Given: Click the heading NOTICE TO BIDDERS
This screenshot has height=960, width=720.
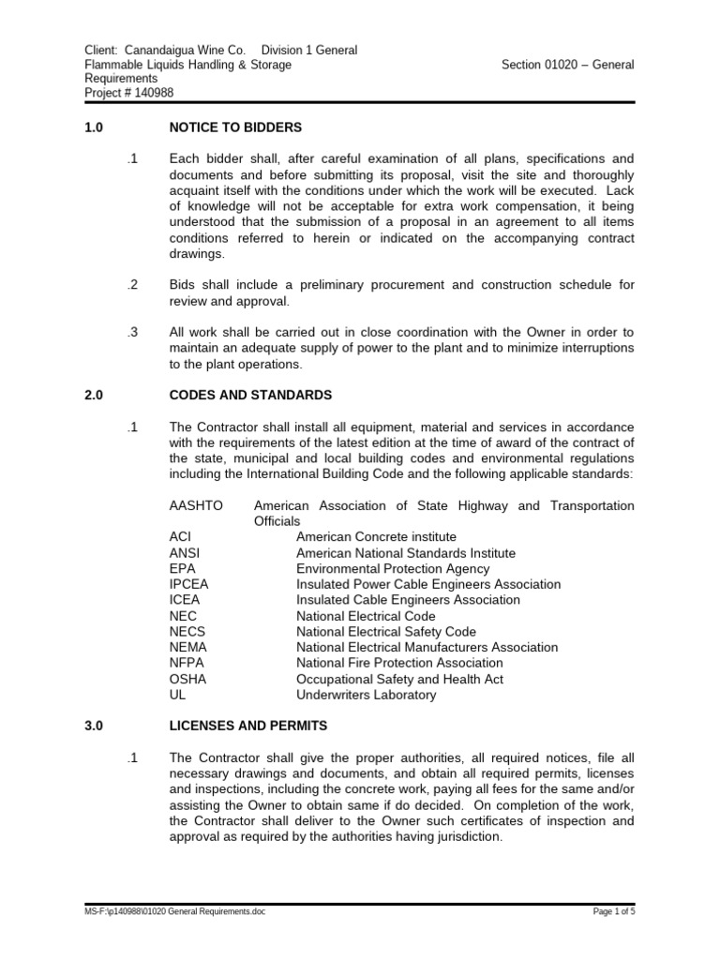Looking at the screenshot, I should pyautogui.click(x=235, y=127).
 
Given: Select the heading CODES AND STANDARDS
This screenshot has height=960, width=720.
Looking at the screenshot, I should pyautogui.click(x=250, y=396).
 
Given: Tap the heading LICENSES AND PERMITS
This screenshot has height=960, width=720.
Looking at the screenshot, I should pyautogui.click(x=249, y=727).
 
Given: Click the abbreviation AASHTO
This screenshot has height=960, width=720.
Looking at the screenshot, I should pyautogui.click(x=196, y=505).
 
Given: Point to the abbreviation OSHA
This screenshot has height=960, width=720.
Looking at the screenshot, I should pyautogui.click(x=187, y=679).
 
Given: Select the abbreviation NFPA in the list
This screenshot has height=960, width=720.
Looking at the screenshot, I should pyautogui.click(x=187, y=663).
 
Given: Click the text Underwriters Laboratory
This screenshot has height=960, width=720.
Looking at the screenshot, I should pyautogui.click(x=366, y=695).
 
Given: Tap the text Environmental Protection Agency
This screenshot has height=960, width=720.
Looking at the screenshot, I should pyautogui.click(x=393, y=568).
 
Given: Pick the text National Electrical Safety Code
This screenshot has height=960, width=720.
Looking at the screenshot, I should pyautogui.click(x=386, y=632).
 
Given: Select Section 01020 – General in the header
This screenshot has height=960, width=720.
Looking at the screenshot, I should pyautogui.click(x=568, y=65).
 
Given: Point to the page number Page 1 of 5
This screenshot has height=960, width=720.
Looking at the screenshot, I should pyautogui.click(x=614, y=910).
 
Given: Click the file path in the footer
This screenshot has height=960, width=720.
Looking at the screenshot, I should pyautogui.click(x=174, y=910).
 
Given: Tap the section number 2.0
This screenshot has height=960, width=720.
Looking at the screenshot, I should pyautogui.click(x=93, y=396).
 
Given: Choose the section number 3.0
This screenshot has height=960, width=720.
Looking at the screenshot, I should pyautogui.click(x=93, y=727).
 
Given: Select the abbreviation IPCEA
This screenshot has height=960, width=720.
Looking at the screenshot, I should pyautogui.click(x=189, y=584).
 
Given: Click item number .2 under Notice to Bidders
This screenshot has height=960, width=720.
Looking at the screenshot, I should pyautogui.click(x=132, y=284).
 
